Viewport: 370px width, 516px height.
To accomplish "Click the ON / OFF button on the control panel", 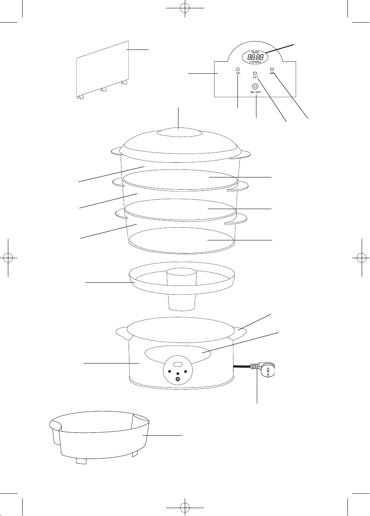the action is (x=255, y=87).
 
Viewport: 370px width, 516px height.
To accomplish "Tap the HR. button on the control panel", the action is (x=238, y=69).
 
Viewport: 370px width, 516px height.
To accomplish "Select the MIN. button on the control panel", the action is (x=272, y=69).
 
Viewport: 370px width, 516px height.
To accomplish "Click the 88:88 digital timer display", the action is (x=255, y=57).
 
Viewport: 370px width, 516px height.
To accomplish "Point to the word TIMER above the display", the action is (x=255, y=53).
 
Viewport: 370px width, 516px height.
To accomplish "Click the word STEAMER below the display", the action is (x=255, y=62).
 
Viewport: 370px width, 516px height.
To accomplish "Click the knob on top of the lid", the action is (x=180, y=133).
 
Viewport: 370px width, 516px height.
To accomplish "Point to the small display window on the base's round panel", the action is (x=178, y=365).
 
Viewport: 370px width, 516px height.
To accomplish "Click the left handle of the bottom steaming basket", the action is (x=120, y=213).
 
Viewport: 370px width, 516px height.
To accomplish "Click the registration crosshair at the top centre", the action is (x=185, y=8).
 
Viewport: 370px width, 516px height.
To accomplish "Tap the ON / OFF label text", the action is (x=256, y=92).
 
